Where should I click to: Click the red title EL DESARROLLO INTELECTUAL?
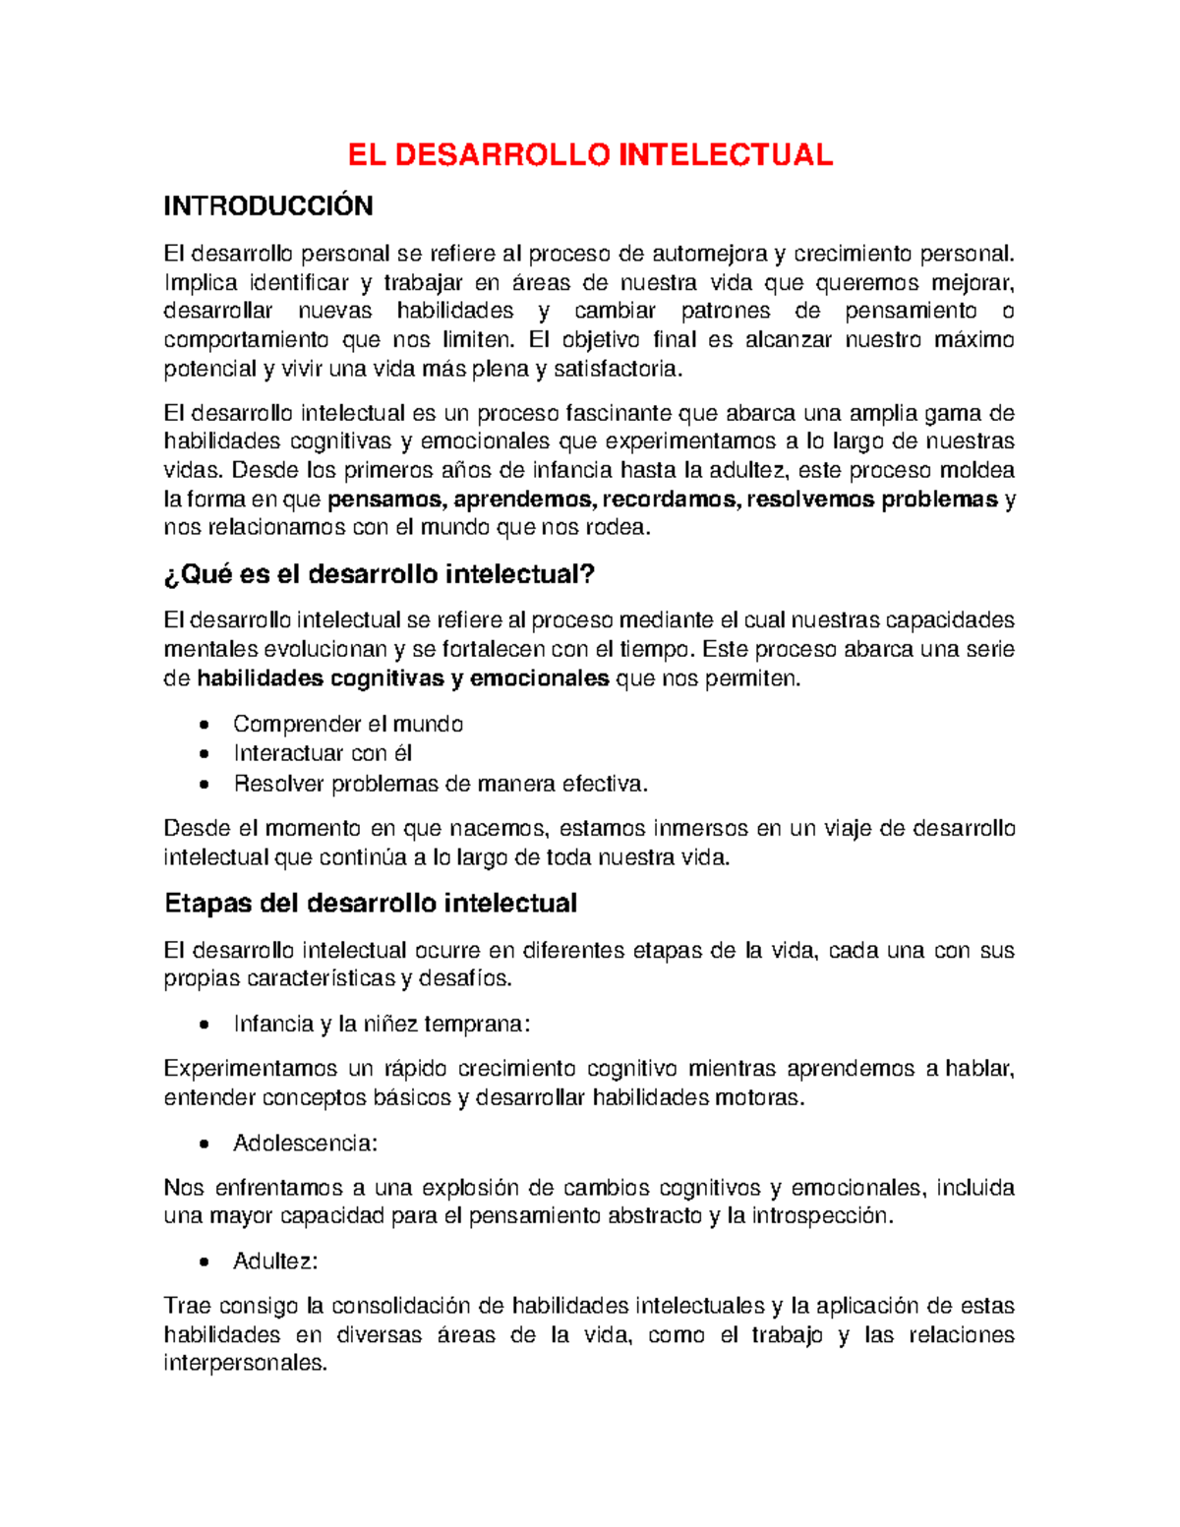click(x=590, y=154)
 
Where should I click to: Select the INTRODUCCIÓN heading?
click(x=267, y=206)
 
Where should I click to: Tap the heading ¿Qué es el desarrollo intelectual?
click(x=380, y=574)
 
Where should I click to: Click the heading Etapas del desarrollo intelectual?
click(x=370, y=904)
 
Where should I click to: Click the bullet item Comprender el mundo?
click(x=348, y=725)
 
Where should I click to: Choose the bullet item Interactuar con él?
click(x=323, y=754)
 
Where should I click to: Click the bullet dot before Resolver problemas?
click(x=204, y=785)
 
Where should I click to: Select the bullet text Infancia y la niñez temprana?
click(x=382, y=1025)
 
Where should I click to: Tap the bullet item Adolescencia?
click(x=305, y=1144)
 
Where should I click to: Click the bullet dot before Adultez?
click(x=204, y=1263)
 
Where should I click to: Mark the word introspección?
click(x=823, y=1216)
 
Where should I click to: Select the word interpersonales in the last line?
click(x=244, y=1364)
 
